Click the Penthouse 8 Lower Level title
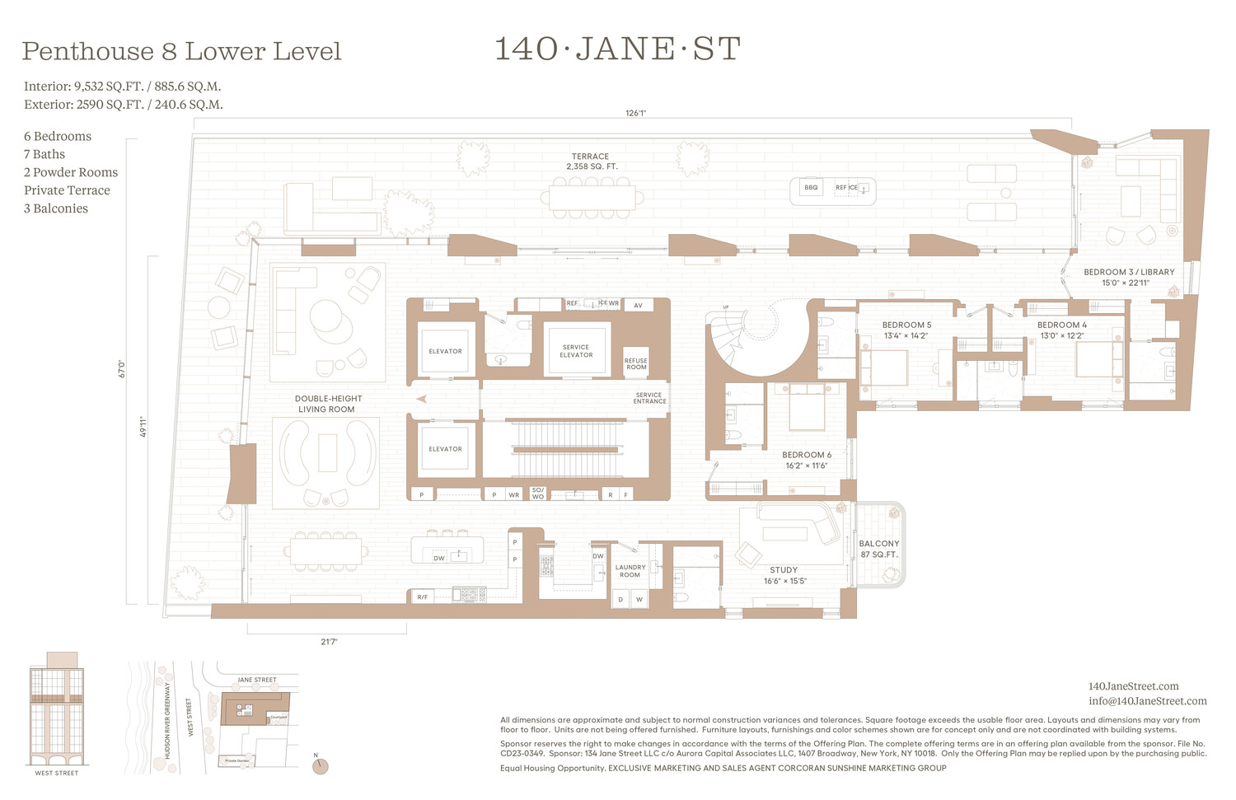[181, 51]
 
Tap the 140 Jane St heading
[617, 49]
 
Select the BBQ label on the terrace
[811, 188]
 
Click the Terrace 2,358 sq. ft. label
[591, 161]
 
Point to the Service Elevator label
[576, 351]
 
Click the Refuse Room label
[636, 363]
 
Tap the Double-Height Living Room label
[328, 404]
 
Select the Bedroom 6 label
[806, 460]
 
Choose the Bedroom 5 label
[906, 330]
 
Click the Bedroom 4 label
[1061, 330]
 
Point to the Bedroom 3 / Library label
[1129, 277]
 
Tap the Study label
[784, 575]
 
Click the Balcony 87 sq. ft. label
[879, 549]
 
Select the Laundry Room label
[630, 571]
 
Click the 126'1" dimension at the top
[635, 114]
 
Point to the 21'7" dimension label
[329, 642]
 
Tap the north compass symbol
[321, 766]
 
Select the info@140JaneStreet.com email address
[1147, 701]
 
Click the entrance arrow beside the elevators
[422, 399]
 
